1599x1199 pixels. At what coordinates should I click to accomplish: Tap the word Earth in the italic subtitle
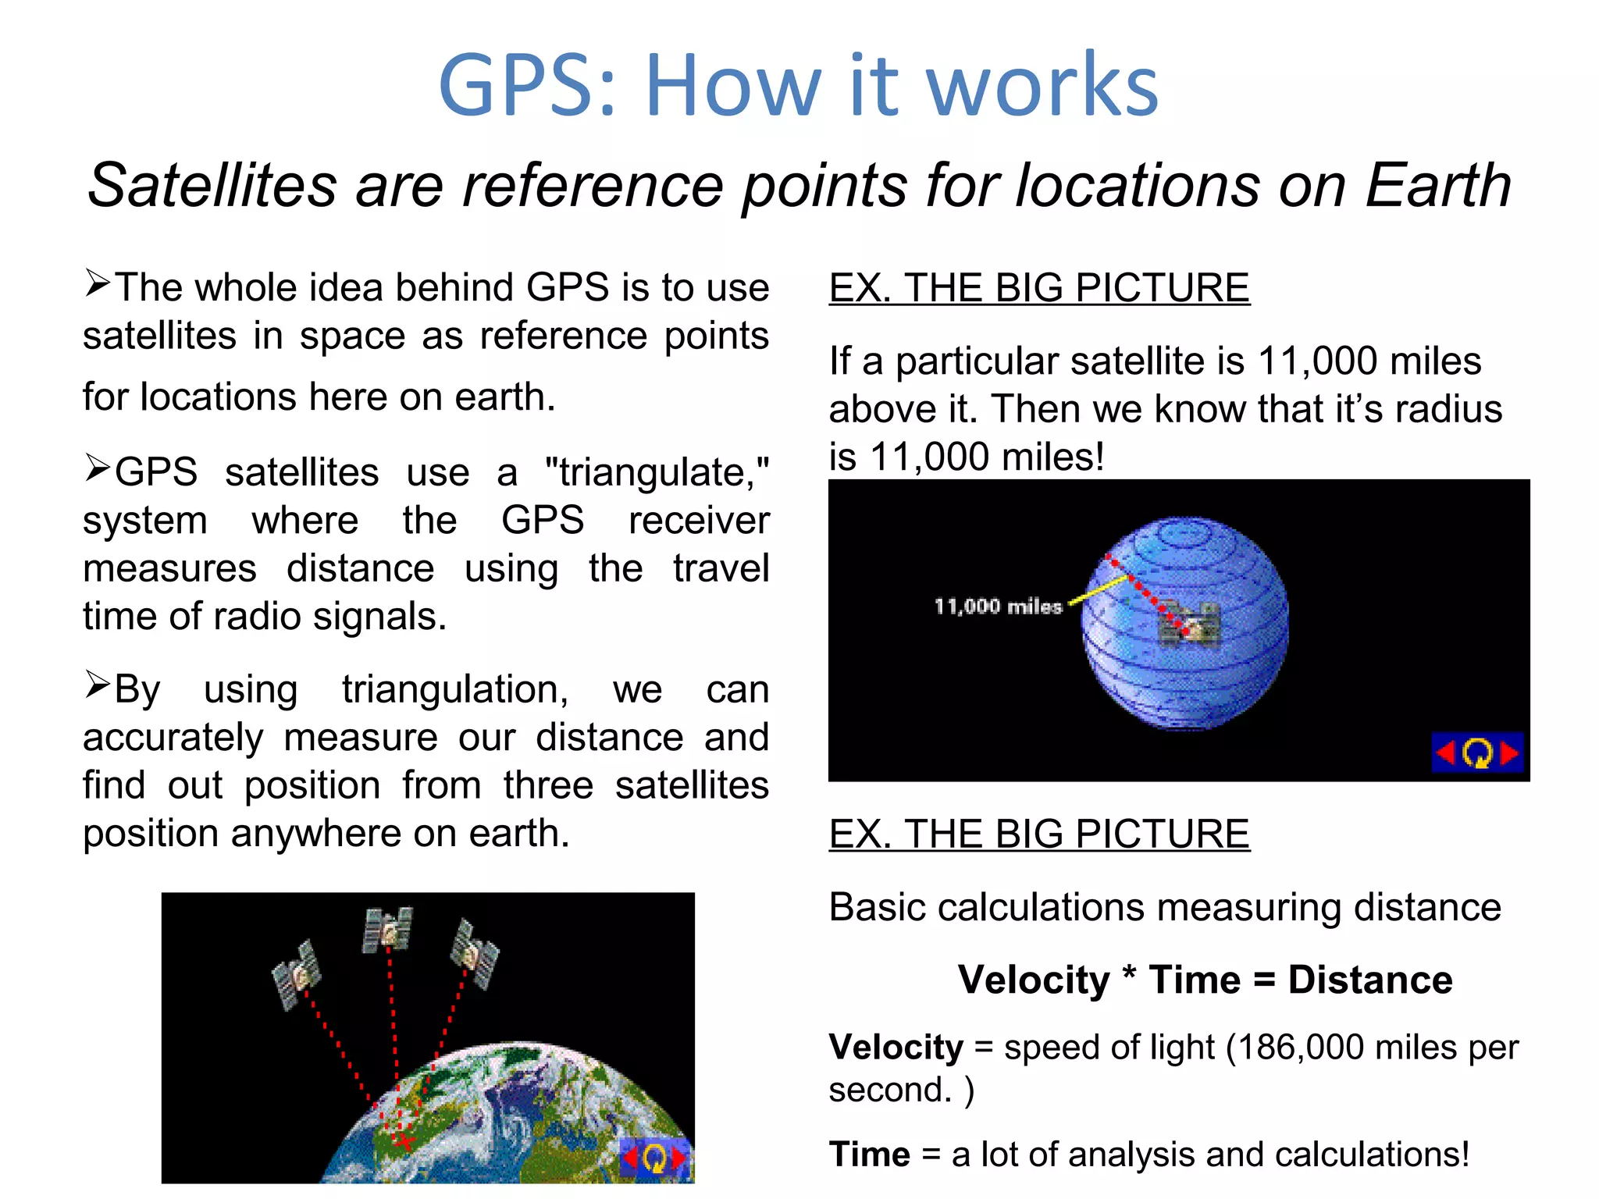pos(1437,186)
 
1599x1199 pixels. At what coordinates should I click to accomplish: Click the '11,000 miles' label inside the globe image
pos(997,607)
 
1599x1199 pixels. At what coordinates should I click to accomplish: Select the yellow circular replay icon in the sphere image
pos(1476,753)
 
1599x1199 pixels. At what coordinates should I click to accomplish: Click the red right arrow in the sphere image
pos(1510,753)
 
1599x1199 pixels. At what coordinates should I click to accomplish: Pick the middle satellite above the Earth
pos(387,929)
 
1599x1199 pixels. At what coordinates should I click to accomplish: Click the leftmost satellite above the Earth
pos(297,974)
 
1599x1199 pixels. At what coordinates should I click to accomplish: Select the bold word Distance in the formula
pos(1369,980)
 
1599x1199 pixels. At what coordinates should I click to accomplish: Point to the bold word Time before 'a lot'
pos(869,1155)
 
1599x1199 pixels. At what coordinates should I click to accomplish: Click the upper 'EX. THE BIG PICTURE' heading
pos(1038,288)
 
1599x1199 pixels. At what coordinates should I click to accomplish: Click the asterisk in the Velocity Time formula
pos(1128,976)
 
